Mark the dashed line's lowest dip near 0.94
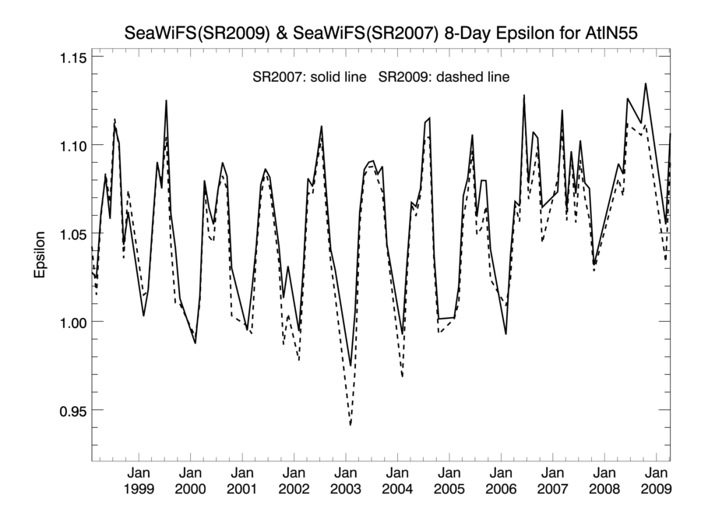[350, 425]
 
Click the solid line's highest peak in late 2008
[646, 84]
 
